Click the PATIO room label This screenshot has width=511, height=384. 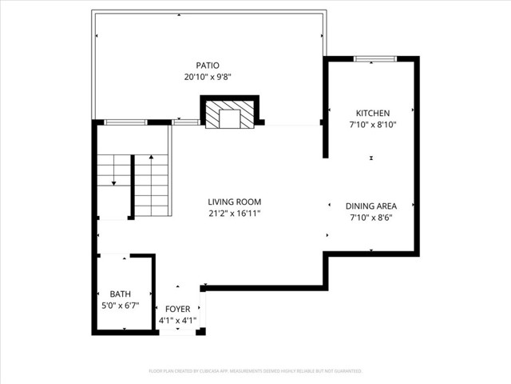pyautogui.click(x=208, y=66)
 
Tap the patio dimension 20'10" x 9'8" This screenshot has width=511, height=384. pyautogui.click(x=208, y=78)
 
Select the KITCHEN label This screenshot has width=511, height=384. pyautogui.click(x=372, y=113)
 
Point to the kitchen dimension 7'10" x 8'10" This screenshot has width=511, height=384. pyautogui.click(x=372, y=125)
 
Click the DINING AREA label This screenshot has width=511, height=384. pyautogui.click(x=371, y=206)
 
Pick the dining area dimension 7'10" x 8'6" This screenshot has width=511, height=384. pyautogui.click(x=371, y=218)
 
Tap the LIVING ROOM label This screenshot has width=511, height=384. pyautogui.click(x=235, y=202)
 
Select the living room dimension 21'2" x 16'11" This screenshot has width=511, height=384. pyautogui.click(x=235, y=214)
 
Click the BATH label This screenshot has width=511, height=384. pyautogui.click(x=120, y=294)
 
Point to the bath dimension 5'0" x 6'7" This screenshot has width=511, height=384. pyautogui.click(x=120, y=306)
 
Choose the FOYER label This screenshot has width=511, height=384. pyautogui.click(x=177, y=309)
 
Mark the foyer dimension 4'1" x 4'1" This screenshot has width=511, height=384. pyautogui.click(x=177, y=321)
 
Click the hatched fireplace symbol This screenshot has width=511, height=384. pyautogui.click(x=230, y=113)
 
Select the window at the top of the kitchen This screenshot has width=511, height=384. pyautogui.click(x=371, y=58)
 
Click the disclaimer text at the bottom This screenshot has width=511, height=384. pyautogui.click(x=255, y=371)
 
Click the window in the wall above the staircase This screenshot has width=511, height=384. pyautogui.click(x=126, y=122)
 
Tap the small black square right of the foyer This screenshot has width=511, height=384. pyautogui.click(x=201, y=331)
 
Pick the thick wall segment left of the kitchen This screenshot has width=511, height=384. pyautogui.click(x=326, y=107)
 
